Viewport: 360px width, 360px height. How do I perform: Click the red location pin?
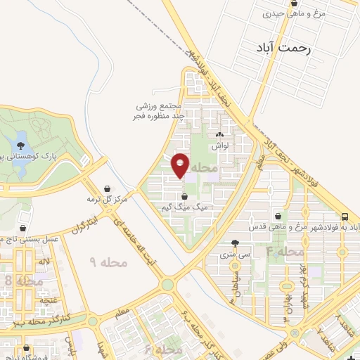pos(181,165)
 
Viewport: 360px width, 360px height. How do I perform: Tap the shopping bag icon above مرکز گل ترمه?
pos(106,188)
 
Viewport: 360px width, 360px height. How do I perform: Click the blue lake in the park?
pos(20,137)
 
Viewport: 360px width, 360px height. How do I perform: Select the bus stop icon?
pos(345,217)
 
